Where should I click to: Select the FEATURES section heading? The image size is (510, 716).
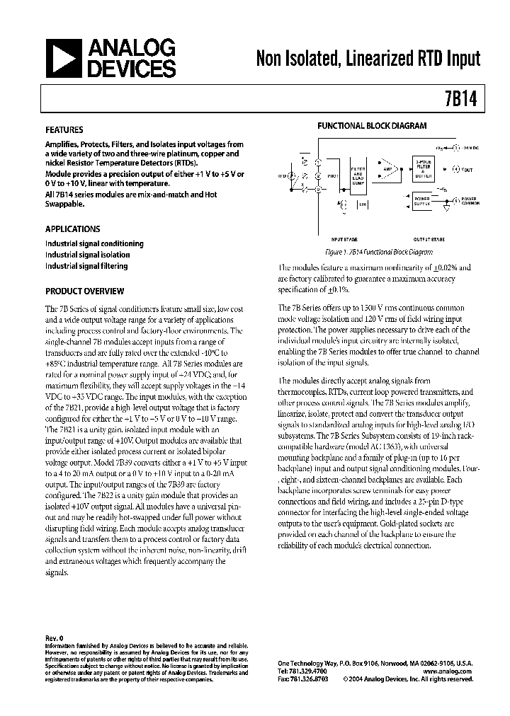pos(64,130)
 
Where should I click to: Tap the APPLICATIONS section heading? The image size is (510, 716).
pos(72,229)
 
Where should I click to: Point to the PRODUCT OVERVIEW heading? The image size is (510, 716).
pos(84,291)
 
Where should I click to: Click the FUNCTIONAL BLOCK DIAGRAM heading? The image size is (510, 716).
pos(371,126)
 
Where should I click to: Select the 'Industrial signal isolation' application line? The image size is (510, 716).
pos(87,255)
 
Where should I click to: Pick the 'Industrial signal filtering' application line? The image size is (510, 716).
pos(86,266)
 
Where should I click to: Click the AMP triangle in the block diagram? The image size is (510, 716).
pos(388,171)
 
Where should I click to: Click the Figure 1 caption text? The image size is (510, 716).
pos(378,252)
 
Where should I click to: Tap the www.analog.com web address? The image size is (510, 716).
pos(450,671)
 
